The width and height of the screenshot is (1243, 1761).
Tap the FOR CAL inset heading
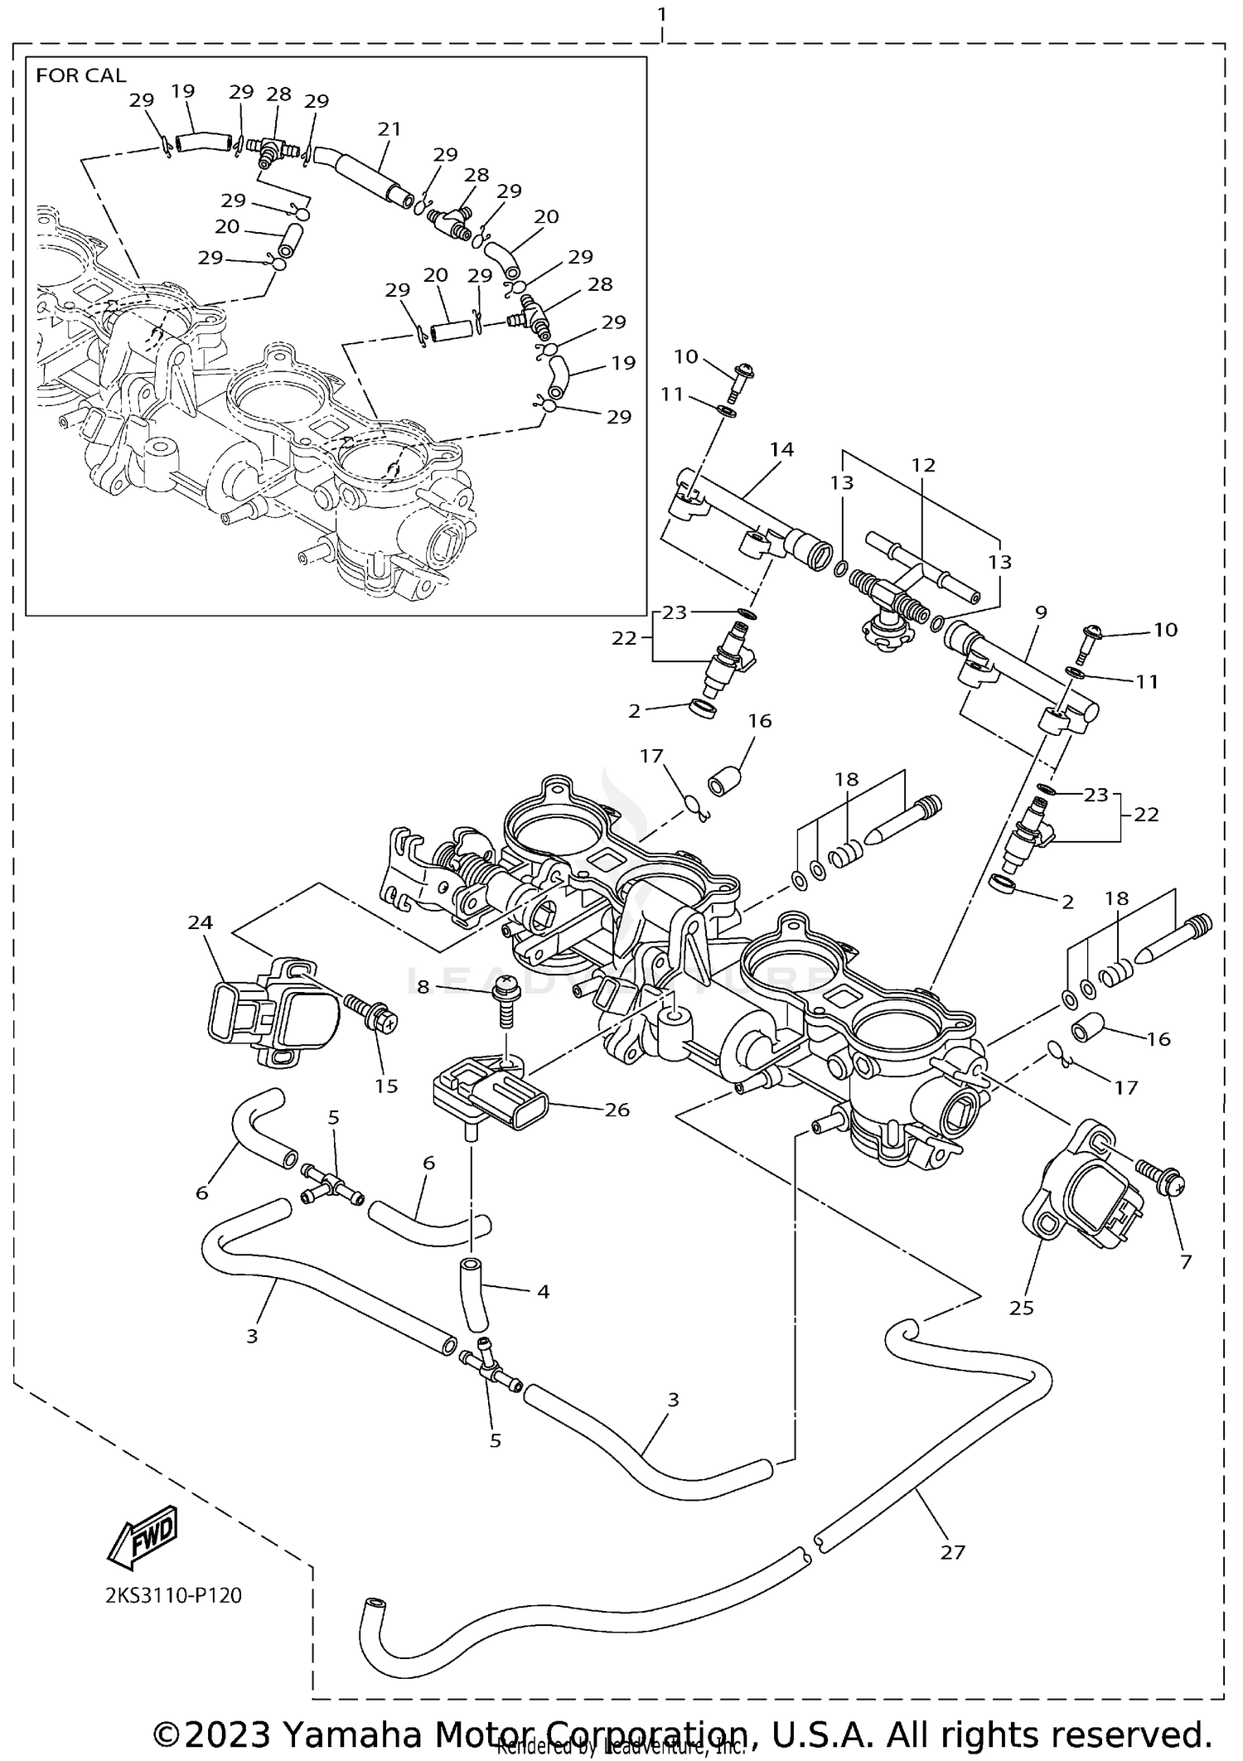(81, 75)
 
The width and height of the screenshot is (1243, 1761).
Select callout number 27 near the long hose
(953, 1552)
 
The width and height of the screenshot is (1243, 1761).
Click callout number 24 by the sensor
(201, 922)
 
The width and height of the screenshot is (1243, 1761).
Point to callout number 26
(617, 1109)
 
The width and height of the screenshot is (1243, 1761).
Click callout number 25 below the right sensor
(1022, 1307)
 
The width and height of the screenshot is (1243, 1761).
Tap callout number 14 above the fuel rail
(781, 449)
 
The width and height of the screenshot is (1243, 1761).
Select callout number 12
(923, 465)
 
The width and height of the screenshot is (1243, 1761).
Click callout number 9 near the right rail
(1041, 612)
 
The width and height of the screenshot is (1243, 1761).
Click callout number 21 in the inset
(389, 129)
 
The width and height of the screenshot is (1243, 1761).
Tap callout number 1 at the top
(661, 14)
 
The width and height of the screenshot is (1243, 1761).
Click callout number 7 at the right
(1185, 1261)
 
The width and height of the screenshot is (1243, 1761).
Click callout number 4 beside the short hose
(543, 1290)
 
